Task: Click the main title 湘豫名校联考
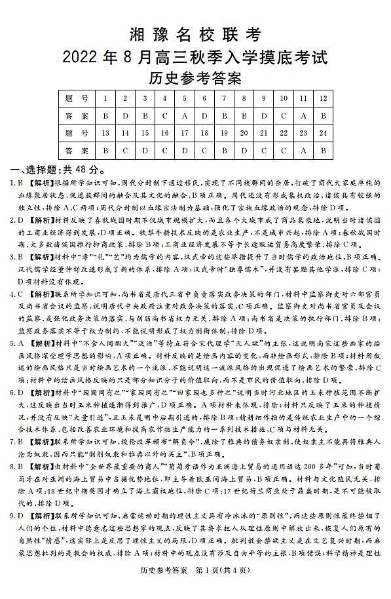click(195, 35)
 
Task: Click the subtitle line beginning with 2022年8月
click(195, 57)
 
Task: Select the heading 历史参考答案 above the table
click(195, 79)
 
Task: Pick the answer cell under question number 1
click(105, 116)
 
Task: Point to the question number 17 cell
click(185, 133)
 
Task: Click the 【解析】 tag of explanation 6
click(40, 393)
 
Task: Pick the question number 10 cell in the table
click(284, 98)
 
